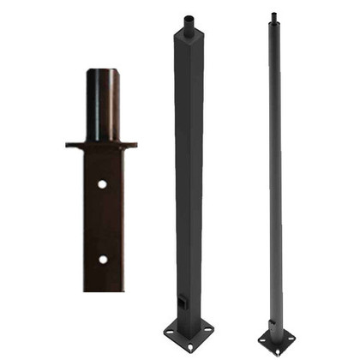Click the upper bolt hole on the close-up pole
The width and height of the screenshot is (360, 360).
[102, 184]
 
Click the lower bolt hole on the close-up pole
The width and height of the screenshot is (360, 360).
[102, 258]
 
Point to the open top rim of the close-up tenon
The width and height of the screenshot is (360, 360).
[102, 71]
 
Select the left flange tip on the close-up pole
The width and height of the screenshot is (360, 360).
[69, 145]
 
